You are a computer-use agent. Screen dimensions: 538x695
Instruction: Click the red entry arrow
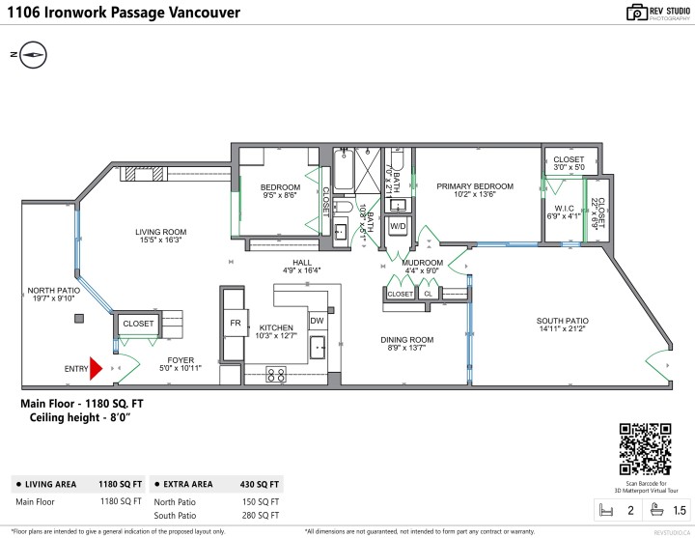coord(96,367)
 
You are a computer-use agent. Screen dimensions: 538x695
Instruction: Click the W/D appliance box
coord(397,225)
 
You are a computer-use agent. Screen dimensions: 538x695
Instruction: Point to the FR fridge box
coord(235,323)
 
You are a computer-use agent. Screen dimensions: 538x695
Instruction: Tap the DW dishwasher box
coord(317,321)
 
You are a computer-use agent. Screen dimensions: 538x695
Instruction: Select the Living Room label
coord(160,232)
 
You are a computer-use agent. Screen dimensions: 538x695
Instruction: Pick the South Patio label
coord(563,321)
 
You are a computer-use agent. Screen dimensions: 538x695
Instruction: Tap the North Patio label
coord(53,290)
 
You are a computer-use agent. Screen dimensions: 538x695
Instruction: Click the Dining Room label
coord(405,340)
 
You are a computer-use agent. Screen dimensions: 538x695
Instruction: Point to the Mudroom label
coord(423,263)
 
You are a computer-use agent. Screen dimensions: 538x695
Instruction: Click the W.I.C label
coord(564,208)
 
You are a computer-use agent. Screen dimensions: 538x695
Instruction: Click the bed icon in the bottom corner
coord(607,509)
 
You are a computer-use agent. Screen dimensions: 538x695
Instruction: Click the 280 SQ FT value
coord(262,517)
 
